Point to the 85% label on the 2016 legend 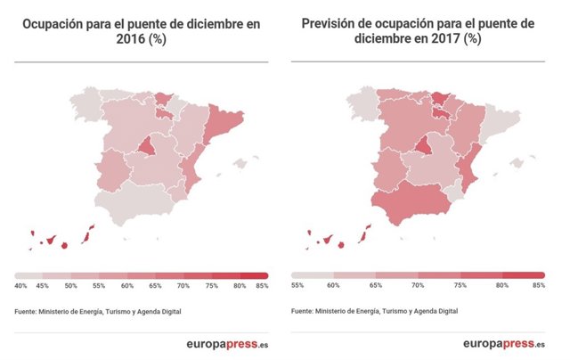click(261, 285)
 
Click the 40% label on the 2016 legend click(20, 285)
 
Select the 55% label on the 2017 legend click(297, 285)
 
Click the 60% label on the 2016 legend click(127, 285)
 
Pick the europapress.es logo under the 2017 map click(504, 344)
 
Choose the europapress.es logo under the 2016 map click(228, 344)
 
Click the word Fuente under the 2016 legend click(28, 311)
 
